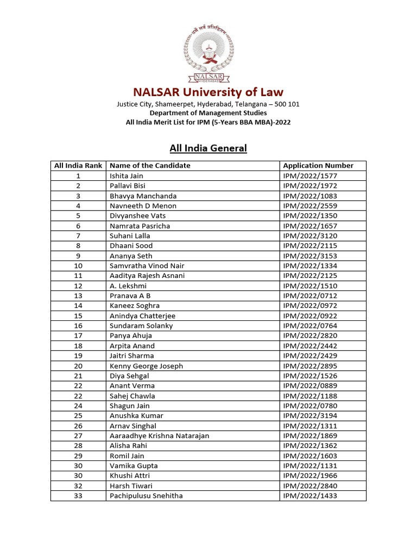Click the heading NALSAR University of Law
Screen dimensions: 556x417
(x=208, y=92)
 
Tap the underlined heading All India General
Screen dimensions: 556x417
(x=208, y=148)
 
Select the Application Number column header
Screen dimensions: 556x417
(x=318, y=166)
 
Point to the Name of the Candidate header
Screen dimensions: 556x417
(x=150, y=166)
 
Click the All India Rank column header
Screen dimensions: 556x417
(x=78, y=166)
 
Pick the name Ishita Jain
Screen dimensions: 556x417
(x=127, y=176)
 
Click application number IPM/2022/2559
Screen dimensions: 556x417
(x=310, y=206)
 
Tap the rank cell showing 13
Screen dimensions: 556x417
(x=78, y=295)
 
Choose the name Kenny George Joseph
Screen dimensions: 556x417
(x=146, y=366)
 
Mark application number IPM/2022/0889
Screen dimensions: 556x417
(x=310, y=386)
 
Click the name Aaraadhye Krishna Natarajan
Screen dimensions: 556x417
(x=159, y=435)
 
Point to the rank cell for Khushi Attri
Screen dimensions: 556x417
(x=78, y=476)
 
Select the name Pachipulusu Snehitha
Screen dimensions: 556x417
(x=146, y=496)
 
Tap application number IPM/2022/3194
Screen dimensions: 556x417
(x=310, y=415)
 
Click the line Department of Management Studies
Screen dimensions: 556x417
(x=208, y=113)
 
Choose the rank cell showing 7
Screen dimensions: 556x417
(x=78, y=236)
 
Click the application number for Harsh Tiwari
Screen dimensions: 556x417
(x=310, y=485)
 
